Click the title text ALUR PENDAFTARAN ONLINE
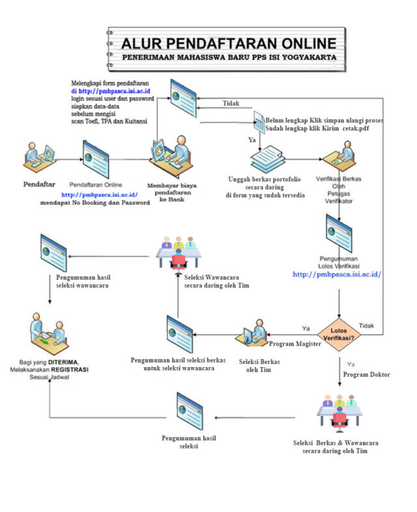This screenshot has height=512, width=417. click(x=229, y=44)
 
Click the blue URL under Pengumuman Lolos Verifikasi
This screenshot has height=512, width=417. click(x=337, y=275)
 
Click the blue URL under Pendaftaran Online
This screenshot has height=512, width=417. click(x=99, y=194)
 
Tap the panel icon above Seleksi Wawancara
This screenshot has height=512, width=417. click(x=178, y=251)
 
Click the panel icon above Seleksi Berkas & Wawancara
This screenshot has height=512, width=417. click(x=338, y=413)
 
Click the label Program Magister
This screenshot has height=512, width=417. click(x=295, y=344)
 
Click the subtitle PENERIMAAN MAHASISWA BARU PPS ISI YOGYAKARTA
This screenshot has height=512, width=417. click(x=229, y=57)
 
